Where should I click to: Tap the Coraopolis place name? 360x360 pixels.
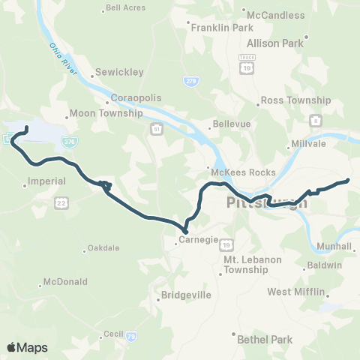136,97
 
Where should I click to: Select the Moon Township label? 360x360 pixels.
106,114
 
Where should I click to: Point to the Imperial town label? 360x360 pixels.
46,181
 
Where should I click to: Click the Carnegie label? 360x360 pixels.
198,241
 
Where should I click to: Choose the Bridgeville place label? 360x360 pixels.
186,295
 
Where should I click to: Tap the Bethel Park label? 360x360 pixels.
265,339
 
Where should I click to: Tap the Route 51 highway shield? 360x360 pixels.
156,130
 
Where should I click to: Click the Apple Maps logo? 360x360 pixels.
28,346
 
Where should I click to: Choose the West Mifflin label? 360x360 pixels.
296,291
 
